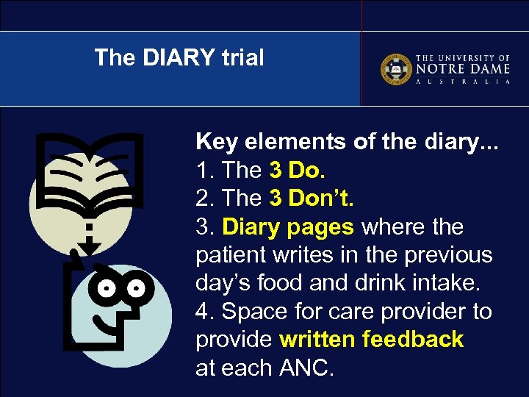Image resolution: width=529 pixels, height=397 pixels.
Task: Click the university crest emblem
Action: tap(396, 69)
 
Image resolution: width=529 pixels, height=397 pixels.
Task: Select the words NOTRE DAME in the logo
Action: tap(462, 68)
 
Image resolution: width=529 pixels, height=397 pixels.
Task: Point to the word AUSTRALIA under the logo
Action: tap(462, 82)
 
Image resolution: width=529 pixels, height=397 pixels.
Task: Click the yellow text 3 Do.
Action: tap(297, 170)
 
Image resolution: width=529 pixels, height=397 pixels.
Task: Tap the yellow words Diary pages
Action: tap(287, 226)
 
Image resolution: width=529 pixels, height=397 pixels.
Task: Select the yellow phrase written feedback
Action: tap(372, 339)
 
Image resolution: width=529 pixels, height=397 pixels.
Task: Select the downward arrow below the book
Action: tap(89, 243)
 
